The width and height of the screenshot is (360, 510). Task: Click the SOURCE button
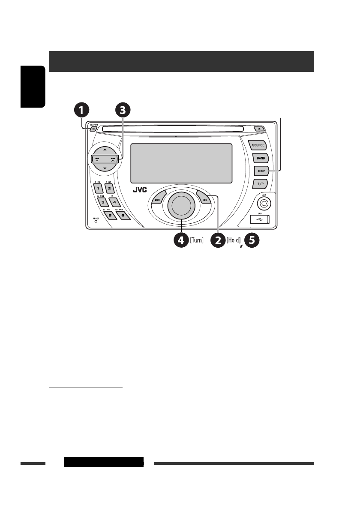click(x=258, y=145)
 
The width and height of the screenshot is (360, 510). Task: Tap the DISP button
click(x=261, y=171)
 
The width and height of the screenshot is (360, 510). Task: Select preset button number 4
click(x=114, y=203)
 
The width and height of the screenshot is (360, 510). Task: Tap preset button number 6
click(x=123, y=216)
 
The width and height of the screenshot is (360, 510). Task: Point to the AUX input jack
click(x=264, y=203)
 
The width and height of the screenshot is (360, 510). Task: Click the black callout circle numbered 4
click(x=180, y=240)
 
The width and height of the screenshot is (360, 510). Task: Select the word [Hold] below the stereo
click(x=234, y=241)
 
